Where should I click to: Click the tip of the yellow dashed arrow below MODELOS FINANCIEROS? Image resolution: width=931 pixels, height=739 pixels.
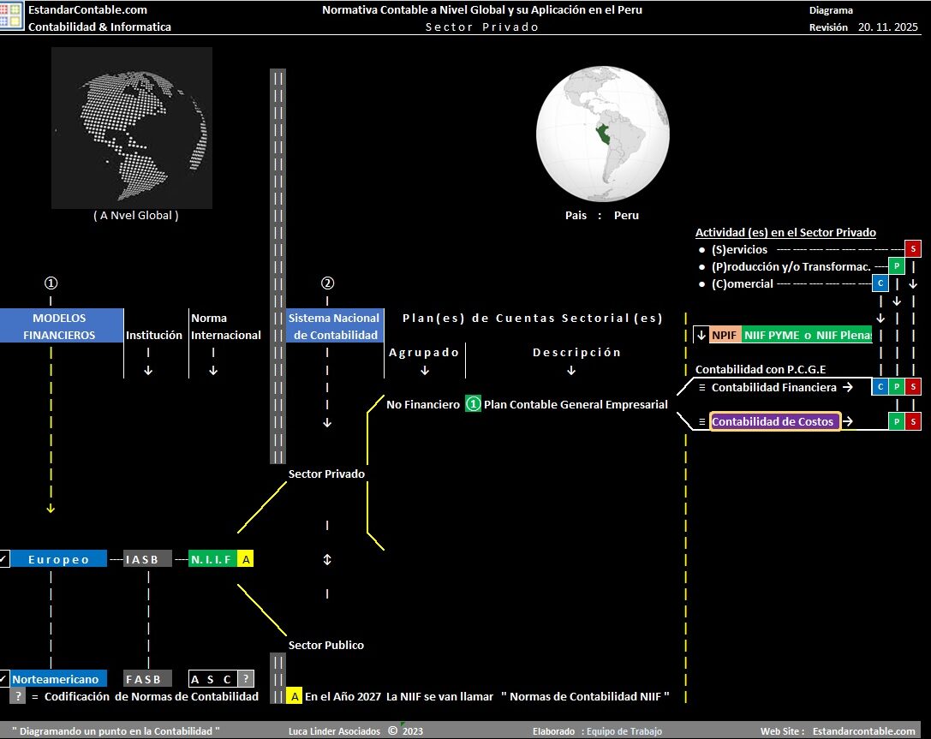tap(51, 512)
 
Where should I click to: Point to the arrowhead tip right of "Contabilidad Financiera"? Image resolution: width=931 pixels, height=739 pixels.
tap(853, 387)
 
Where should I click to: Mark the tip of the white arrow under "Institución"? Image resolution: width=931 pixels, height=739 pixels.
tap(148, 375)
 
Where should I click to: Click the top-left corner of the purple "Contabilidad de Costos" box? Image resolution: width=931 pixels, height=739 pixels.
tap(710, 413)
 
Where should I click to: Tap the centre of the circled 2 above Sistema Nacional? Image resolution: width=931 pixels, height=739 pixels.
tap(327, 283)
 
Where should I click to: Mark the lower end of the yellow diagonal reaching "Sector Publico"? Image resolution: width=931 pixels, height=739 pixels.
tap(286, 635)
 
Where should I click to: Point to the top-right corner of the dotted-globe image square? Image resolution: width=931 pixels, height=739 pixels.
tap(212, 47)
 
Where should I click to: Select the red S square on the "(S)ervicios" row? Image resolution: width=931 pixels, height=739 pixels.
tap(913, 248)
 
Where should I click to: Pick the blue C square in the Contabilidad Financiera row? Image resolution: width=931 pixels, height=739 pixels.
tap(880, 387)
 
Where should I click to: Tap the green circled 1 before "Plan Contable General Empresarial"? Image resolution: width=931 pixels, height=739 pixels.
tap(473, 404)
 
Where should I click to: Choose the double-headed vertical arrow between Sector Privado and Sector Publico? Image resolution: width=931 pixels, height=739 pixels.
tap(327, 559)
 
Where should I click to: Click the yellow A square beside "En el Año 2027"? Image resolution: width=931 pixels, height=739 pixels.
tap(295, 696)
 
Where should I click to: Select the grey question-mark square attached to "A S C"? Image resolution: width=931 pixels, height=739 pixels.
tap(246, 678)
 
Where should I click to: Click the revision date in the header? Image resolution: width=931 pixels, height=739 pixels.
tap(887, 27)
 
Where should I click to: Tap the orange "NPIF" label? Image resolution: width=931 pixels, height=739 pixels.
tap(724, 335)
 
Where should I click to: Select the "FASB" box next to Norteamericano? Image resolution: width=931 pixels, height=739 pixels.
tap(148, 678)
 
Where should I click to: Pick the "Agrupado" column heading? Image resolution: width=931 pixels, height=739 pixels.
tap(424, 352)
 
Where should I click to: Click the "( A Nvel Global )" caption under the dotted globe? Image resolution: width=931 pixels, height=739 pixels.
tap(136, 216)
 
